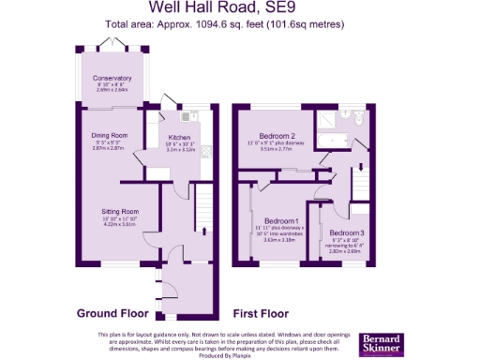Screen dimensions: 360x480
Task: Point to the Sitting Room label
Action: click(120, 212)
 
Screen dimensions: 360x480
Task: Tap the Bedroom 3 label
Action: click(346, 232)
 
